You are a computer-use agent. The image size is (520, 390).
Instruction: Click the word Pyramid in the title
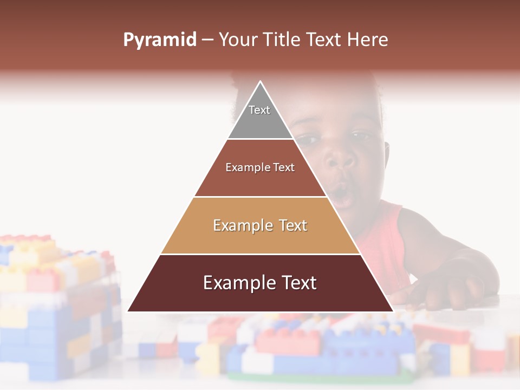(159, 40)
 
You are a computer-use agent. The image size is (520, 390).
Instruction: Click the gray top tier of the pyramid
(260, 122)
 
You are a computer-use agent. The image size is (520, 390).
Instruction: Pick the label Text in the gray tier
(259, 110)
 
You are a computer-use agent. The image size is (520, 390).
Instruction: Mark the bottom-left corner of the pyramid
(128, 311)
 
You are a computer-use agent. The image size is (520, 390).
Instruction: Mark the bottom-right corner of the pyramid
(393, 311)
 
